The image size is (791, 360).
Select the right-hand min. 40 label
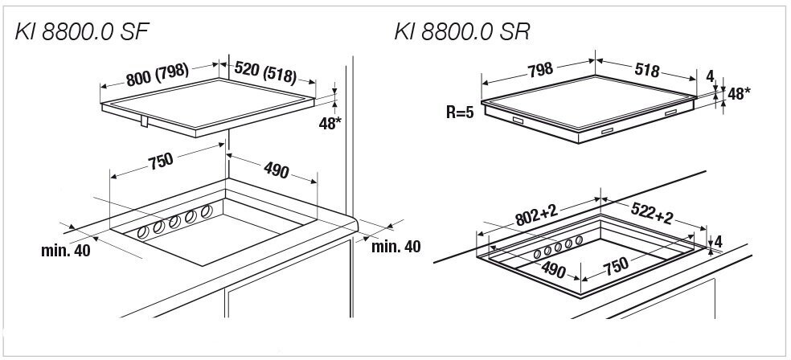395,245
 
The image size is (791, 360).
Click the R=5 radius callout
461,110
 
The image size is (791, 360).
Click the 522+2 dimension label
652,215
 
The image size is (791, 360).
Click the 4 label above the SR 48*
710,76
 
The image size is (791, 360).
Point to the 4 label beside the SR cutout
719,240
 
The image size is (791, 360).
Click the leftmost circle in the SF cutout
144,233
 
